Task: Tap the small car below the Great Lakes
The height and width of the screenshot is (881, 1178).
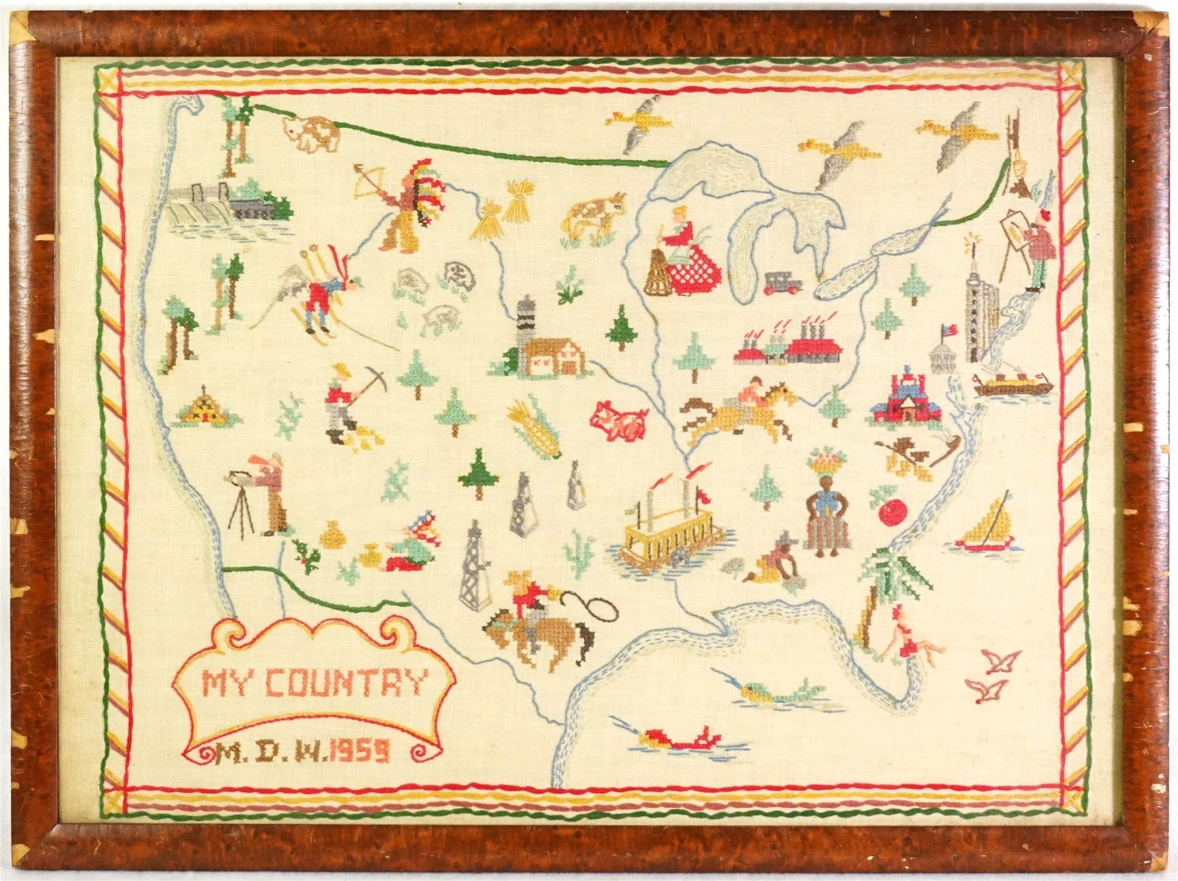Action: (x=780, y=283)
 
